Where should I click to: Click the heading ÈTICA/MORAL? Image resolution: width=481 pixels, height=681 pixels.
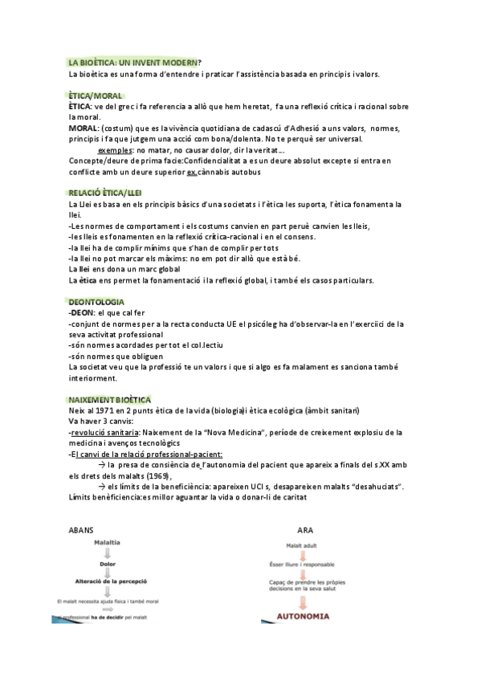(96, 95)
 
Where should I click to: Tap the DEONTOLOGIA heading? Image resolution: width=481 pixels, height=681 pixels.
(96, 301)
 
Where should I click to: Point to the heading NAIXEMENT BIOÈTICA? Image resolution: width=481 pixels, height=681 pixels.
(110, 399)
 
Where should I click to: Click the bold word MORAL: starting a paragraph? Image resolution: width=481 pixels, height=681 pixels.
(84, 128)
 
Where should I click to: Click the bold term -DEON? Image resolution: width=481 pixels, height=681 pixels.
(81, 312)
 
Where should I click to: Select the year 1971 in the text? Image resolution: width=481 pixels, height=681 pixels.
(104, 410)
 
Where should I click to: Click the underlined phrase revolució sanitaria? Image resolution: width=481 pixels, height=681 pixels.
(100, 432)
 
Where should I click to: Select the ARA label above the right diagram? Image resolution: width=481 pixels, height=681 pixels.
(305, 531)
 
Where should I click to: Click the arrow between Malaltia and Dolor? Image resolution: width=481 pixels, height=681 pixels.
(108, 553)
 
